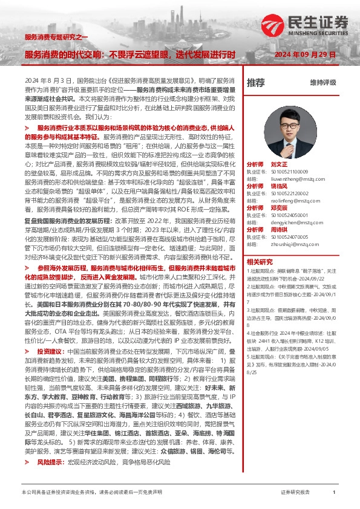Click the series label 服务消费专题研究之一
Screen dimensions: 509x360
[x=56, y=37]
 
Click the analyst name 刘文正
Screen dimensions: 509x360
[x=279, y=164]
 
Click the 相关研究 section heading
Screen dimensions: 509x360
[x=261, y=262]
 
